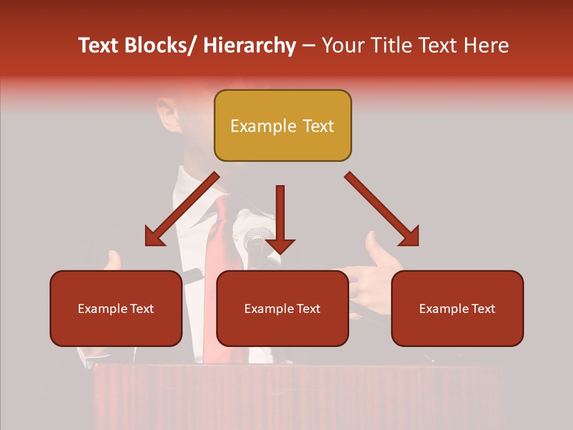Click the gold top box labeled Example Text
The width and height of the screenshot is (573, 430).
click(x=282, y=125)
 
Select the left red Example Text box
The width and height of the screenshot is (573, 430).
click(x=116, y=308)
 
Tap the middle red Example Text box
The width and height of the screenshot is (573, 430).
click(x=282, y=308)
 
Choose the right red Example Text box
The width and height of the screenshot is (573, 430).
click(x=457, y=308)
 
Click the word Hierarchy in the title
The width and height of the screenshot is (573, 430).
click(x=249, y=45)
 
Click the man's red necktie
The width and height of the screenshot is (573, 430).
click(x=218, y=251)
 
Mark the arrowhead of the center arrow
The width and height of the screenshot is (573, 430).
click(x=280, y=245)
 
